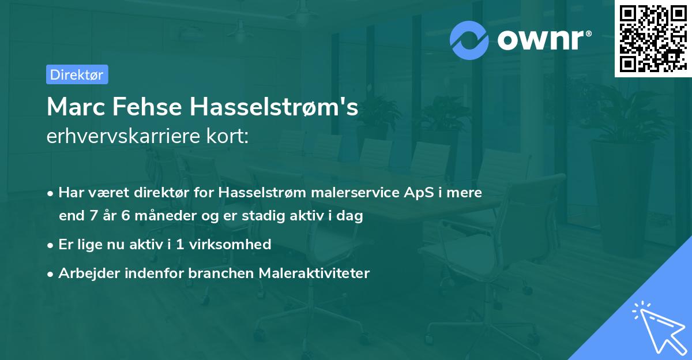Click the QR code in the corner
click(653, 39)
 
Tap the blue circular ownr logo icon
click(469, 40)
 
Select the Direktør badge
click(77, 74)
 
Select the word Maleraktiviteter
click(315, 273)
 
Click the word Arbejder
click(85, 273)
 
